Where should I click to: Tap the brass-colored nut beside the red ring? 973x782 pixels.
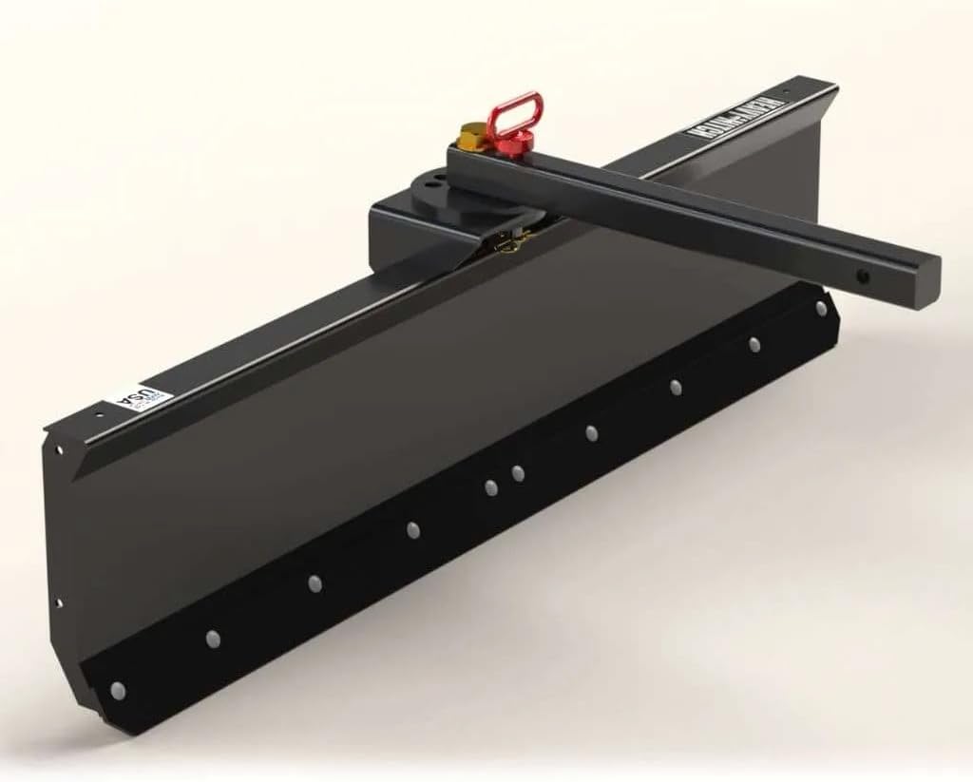[469, 137]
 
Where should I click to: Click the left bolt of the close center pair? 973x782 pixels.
[490, 487]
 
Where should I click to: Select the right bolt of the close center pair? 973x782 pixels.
[517, 472]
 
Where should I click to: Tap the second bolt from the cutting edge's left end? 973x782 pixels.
[213, 639]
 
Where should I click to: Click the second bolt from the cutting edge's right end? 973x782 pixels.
[754, 344]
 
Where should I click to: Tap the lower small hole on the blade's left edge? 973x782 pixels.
[59, 601]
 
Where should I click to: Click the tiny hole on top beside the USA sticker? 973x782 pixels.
[99, 414]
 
